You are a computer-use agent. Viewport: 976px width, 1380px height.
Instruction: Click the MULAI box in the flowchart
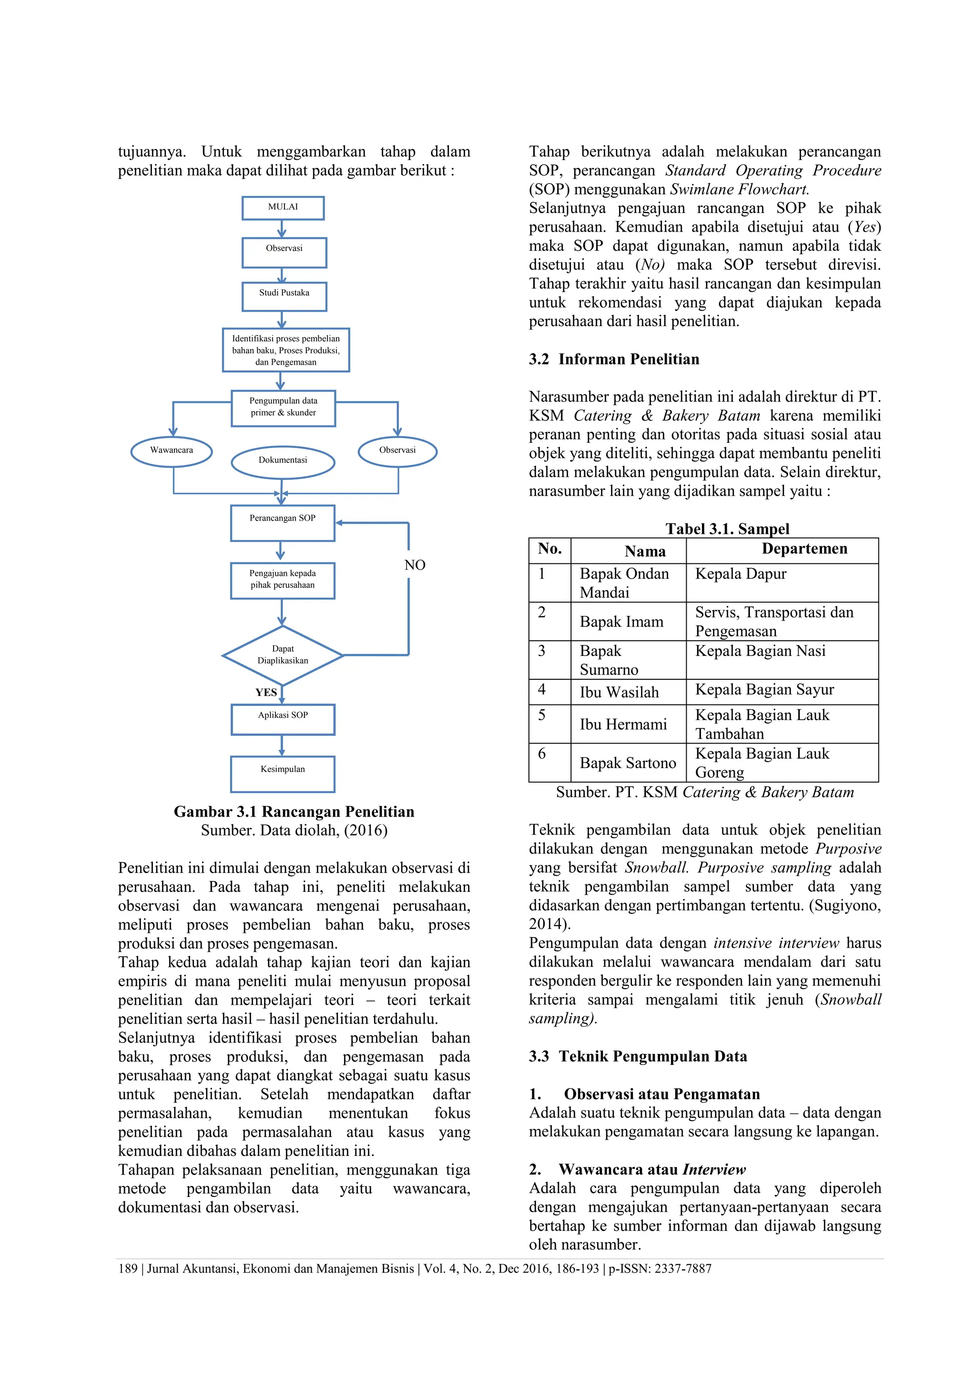click(x=283, y=208)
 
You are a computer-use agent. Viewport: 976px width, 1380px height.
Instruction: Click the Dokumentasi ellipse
click(x=283, y=461)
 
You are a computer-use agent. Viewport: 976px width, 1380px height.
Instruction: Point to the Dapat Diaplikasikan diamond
click(x=283, y=655)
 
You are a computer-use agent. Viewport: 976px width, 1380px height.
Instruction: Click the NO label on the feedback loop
click(x=415, y=565)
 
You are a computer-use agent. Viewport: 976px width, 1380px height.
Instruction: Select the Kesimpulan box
click(x=283, y=774)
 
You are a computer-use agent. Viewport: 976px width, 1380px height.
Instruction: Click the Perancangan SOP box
click(x=283, y=523)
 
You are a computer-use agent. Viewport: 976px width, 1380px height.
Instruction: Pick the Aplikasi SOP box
click(x=283, y=719)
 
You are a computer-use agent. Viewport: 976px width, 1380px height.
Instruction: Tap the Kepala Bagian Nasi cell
click(x=760, y=651)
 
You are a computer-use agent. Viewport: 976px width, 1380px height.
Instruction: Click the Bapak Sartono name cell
click(x=628, y=763)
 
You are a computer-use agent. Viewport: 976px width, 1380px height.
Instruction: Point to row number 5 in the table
click(x=541, y=715)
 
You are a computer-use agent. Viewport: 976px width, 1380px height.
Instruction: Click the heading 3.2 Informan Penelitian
click(x=614, y=359)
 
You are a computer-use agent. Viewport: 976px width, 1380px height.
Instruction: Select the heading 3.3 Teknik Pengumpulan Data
click(x=638, y=1056)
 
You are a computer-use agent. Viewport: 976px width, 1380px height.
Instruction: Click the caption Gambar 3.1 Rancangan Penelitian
click(x=294, y=811)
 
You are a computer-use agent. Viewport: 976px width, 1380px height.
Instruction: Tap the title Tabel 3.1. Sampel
click(x=727, y=529)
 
